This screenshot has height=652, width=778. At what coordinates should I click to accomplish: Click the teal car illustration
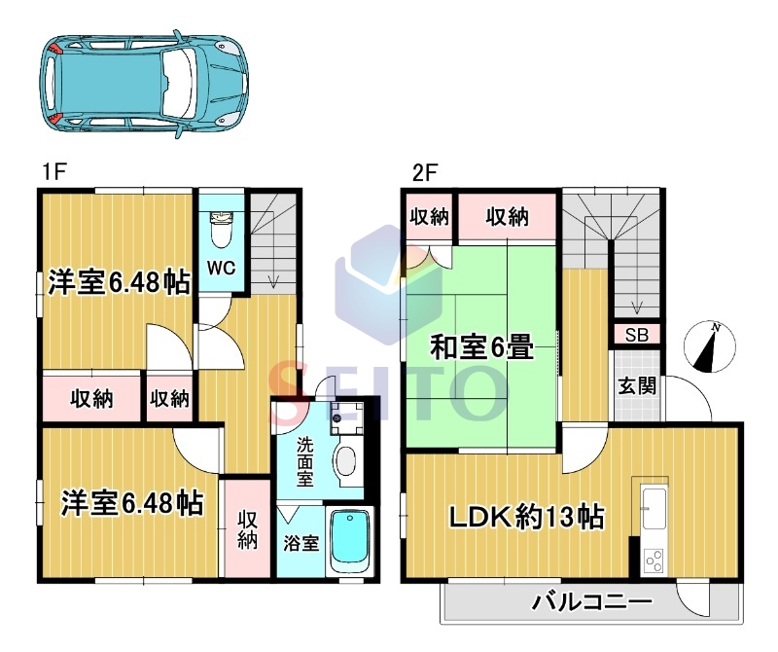click(x=144, y=84)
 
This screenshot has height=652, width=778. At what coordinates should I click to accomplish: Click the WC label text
click(x=221, y=269)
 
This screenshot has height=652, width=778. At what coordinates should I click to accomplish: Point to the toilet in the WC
click(x=221, y=230)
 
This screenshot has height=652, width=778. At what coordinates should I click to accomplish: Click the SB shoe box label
click(x=637, y=335)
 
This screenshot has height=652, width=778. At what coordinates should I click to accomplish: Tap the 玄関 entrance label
click(x=637, y=385)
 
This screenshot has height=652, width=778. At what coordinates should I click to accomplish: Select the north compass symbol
click(x=709, y=347)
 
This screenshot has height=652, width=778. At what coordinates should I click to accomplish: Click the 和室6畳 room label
click(x=481, y=346)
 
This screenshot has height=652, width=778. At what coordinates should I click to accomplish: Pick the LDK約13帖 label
click(x=526, y=517)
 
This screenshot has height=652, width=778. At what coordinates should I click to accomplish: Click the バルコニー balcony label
click(x=592, y=602)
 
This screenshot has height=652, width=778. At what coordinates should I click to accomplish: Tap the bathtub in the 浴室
click(x=349, y=542)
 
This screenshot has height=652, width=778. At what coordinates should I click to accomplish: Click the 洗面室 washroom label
click(x=304, y=462)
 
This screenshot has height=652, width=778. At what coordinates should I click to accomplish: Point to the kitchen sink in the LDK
click(x=654, y=509)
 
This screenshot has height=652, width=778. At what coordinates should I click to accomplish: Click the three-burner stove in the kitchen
click(x=654, y=561)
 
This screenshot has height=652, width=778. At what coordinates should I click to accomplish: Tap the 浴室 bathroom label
click(x=301, y=543)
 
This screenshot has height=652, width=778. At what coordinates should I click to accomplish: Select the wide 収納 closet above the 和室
click(x=507, y=216)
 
